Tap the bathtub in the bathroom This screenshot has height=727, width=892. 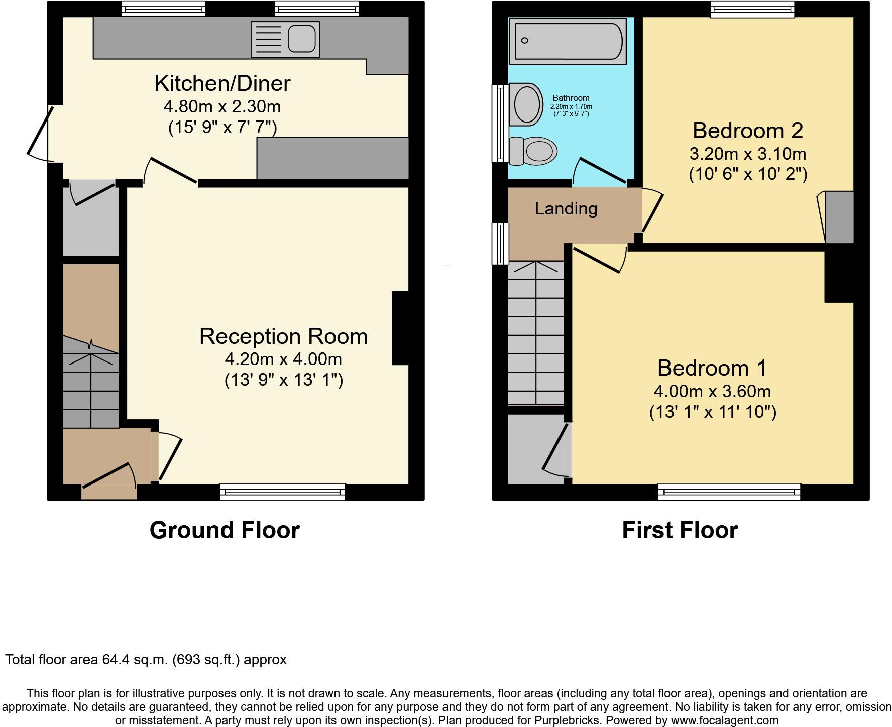(568, 41)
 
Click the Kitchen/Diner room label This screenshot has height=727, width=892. (222, 83)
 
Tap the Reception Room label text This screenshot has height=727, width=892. (283, 336)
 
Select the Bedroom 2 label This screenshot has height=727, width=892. (747, 131)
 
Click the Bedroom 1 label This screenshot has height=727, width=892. (712, 368)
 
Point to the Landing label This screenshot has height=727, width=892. (566, 208)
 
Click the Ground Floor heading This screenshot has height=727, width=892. (225, 530)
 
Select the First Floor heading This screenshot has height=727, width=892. (680, 530)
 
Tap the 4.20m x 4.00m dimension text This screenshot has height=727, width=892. (283, 359)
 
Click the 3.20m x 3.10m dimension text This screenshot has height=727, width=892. (747, 154)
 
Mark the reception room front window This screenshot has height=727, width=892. (282, 492)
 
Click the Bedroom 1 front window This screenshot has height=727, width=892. (729, 492)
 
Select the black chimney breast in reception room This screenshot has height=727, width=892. (401, 327)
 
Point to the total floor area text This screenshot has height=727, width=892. (146, 660)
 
